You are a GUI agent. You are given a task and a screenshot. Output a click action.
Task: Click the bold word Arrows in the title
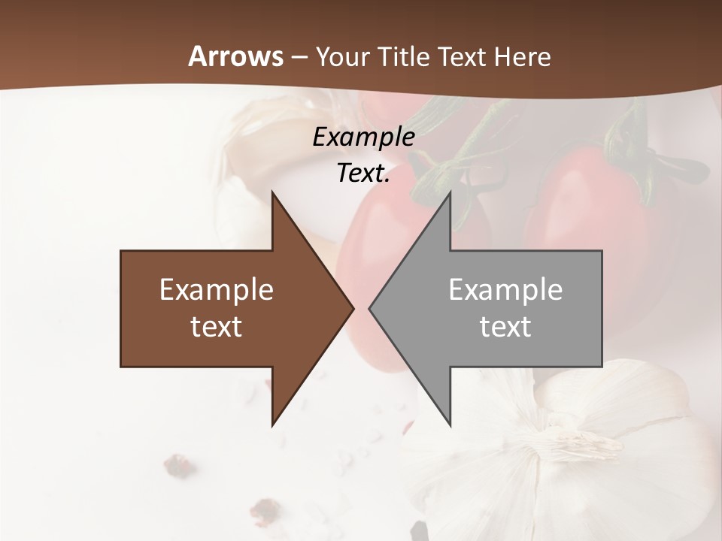236,56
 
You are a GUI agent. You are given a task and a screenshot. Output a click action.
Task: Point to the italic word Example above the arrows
363,137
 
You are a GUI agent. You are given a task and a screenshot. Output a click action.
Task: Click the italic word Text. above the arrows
363,173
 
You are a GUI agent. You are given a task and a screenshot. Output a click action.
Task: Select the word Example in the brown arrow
217,289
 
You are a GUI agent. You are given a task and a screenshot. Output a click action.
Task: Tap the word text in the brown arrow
217,326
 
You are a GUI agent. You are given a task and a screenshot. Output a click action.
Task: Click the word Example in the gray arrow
505,289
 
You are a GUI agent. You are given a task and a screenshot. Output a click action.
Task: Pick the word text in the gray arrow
505,326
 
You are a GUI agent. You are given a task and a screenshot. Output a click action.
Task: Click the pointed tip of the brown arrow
353,308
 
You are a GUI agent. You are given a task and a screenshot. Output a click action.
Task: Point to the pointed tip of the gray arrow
369,308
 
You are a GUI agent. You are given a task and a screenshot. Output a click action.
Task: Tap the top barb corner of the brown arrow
272,192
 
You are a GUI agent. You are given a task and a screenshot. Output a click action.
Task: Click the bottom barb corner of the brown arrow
272,425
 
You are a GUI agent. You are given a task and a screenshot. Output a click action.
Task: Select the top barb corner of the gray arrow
450,192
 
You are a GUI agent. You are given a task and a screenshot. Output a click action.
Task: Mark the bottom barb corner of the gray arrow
450,425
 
